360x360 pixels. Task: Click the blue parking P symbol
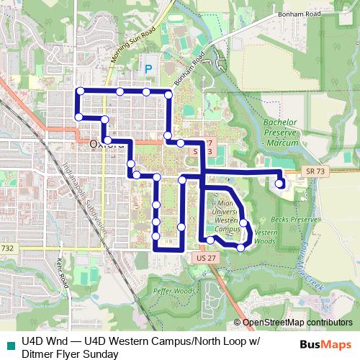pyautogui.click(x=149, y=69)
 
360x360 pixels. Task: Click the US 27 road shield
pyautogui.click(x=205, y=257)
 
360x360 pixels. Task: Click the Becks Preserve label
pyautogui.click(x=294, y=218)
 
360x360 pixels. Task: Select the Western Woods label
pyautogui.click(x=266, y=237)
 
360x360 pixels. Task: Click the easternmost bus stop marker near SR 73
pyautogui.click(x=280, y=184)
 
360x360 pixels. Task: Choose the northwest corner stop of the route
pyautogui.click(x=81, y=91)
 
